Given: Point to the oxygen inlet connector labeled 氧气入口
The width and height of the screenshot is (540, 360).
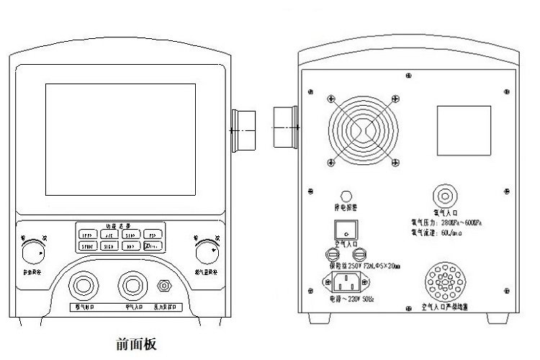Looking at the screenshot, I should click(444, 195).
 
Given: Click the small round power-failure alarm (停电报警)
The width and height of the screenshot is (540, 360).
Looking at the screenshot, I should click(346, 195).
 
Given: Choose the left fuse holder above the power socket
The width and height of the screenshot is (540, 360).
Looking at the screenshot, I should click(324, 253).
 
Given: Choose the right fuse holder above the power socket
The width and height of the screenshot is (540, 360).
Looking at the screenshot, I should click(366, 253).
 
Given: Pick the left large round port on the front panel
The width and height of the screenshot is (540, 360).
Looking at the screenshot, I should click(84, 286).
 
